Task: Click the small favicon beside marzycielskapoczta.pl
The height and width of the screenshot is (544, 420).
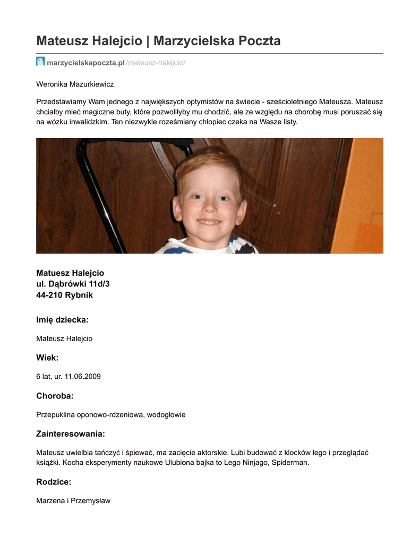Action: [40, 62]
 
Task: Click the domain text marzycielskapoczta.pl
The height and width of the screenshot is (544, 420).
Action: [85, 63]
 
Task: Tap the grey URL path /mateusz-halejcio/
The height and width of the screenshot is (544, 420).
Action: [156, 63]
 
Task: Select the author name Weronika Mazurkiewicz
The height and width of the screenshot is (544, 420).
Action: [75, 84]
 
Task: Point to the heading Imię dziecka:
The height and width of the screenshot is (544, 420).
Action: [62, 320]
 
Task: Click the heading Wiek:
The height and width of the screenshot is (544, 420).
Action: [47, 358]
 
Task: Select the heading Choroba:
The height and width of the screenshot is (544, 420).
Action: [55, 396]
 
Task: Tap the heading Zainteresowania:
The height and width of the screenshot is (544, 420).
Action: [71, 433]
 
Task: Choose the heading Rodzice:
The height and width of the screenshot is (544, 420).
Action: [54, 482]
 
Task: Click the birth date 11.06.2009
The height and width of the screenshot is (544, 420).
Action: [82, 377]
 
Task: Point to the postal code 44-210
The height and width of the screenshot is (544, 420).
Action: [48, 295]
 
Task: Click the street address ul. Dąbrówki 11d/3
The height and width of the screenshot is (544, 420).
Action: [73, 284]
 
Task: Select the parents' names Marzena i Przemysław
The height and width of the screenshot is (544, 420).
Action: [73, 501]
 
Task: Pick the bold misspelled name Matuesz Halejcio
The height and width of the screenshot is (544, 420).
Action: [70, 273]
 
